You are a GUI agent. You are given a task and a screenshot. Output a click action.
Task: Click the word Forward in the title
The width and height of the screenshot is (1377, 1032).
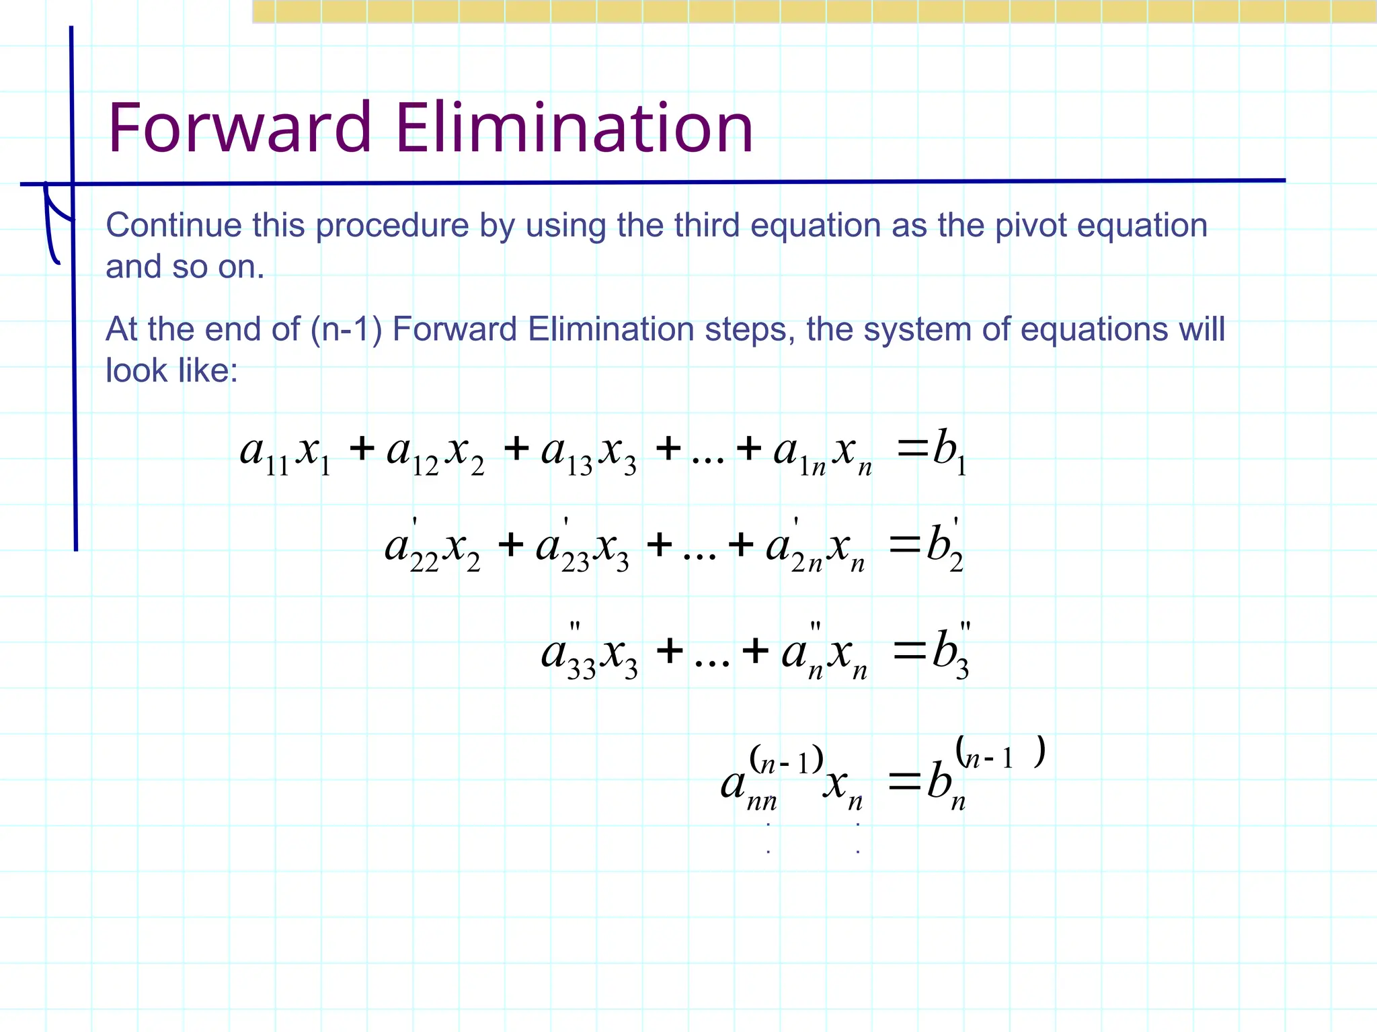239,128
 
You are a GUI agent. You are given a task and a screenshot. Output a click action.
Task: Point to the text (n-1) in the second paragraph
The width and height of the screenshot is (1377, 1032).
346,330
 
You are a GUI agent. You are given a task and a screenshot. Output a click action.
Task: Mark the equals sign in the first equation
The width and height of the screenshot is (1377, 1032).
912,447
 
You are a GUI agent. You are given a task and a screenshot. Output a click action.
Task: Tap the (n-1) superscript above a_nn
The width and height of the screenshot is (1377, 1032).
786,761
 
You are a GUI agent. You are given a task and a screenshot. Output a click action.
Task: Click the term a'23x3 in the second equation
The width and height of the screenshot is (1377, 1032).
582,548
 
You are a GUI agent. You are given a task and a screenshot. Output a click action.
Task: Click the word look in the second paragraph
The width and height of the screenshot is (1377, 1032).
134,371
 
